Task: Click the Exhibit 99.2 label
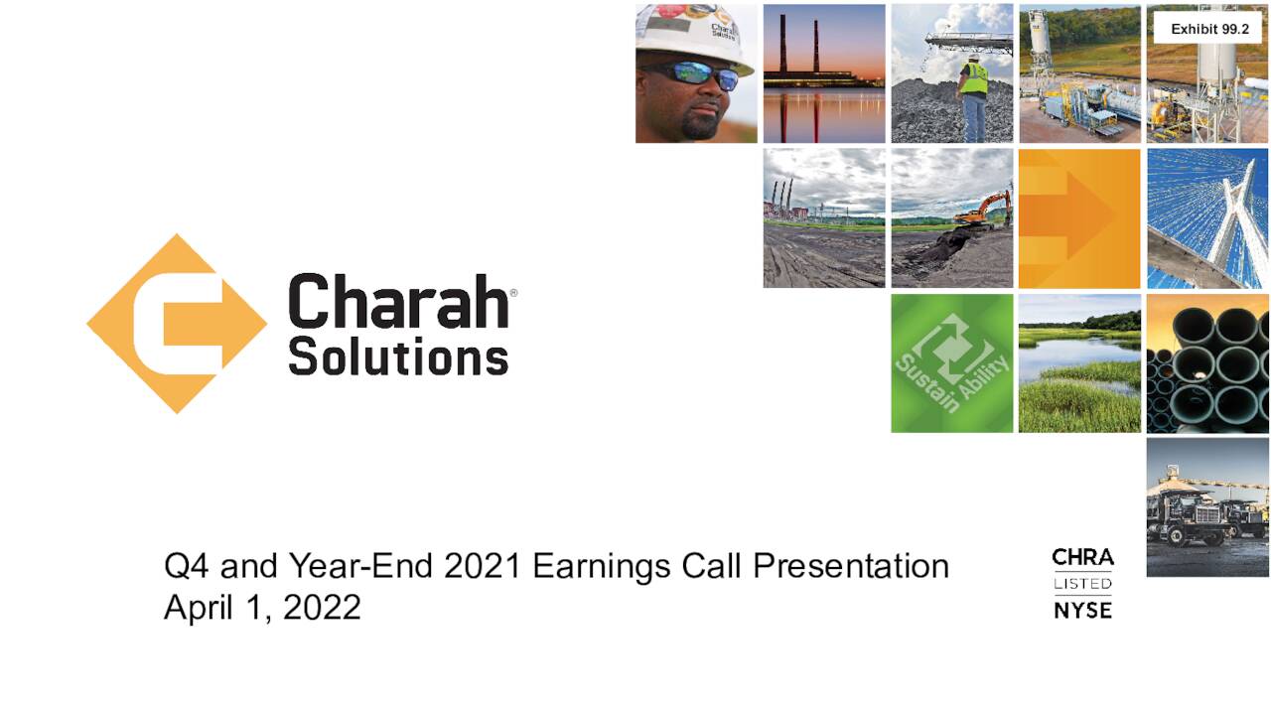pos(1209,29)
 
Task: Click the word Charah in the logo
pos(398,301)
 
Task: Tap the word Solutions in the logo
pos(398,356)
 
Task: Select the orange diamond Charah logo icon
pos(177,324)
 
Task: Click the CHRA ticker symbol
pos(1082,557)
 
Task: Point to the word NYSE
pos(1082,611)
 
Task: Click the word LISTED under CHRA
pos(1082,583)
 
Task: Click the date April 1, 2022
pos(262,607)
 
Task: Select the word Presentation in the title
pos(851,566)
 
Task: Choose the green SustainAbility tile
pos(951,363)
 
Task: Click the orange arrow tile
pos(1079,218)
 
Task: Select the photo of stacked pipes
pos(1207,363)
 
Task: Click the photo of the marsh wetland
pos(1079,363)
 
